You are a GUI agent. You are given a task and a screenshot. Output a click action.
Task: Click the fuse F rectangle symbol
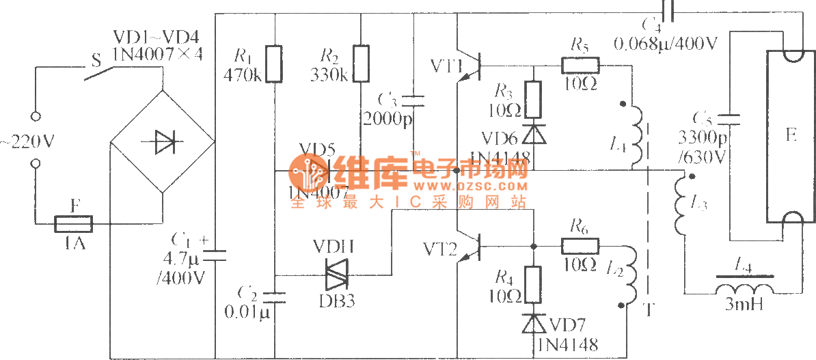(72, 223)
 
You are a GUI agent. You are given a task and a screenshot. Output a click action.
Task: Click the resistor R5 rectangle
(580, 66)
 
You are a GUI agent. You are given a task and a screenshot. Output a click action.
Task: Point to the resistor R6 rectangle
(580, 245)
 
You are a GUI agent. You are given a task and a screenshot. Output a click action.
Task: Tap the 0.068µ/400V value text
(666, 45)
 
